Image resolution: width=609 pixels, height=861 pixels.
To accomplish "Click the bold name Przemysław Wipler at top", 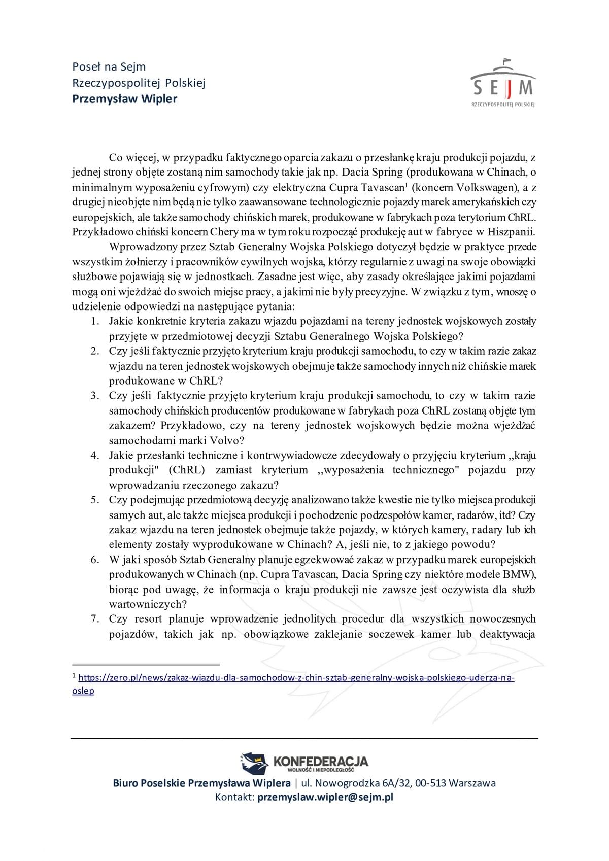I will tap(124, 98).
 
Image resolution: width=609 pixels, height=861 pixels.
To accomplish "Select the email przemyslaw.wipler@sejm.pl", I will tap(325, 797).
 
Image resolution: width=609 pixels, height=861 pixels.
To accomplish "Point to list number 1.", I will tap(94, 321).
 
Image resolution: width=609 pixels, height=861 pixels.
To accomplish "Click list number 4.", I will tap(94, 455).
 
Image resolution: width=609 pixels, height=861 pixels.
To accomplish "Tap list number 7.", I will tap(94, 619).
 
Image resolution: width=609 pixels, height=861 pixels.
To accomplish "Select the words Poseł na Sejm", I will tap(109, 66).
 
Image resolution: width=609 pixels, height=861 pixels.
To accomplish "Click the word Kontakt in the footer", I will tap(233, 797).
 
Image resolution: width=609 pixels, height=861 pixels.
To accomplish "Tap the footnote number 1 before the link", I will tap(74, 676).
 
